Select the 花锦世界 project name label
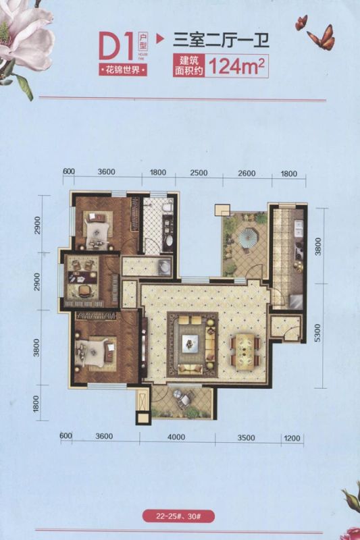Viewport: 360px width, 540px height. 123,70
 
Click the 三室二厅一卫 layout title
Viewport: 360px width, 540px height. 220,40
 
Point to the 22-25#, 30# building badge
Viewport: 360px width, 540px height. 178,516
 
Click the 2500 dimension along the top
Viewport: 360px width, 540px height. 199,172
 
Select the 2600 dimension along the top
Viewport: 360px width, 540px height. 247,173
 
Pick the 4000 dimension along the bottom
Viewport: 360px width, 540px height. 176,437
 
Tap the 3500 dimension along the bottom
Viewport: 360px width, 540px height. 247,437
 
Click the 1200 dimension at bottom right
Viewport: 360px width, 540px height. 292,438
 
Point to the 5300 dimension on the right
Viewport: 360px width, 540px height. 317,333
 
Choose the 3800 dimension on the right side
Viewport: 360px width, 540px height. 318,246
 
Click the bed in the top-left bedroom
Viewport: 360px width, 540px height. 97,227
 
